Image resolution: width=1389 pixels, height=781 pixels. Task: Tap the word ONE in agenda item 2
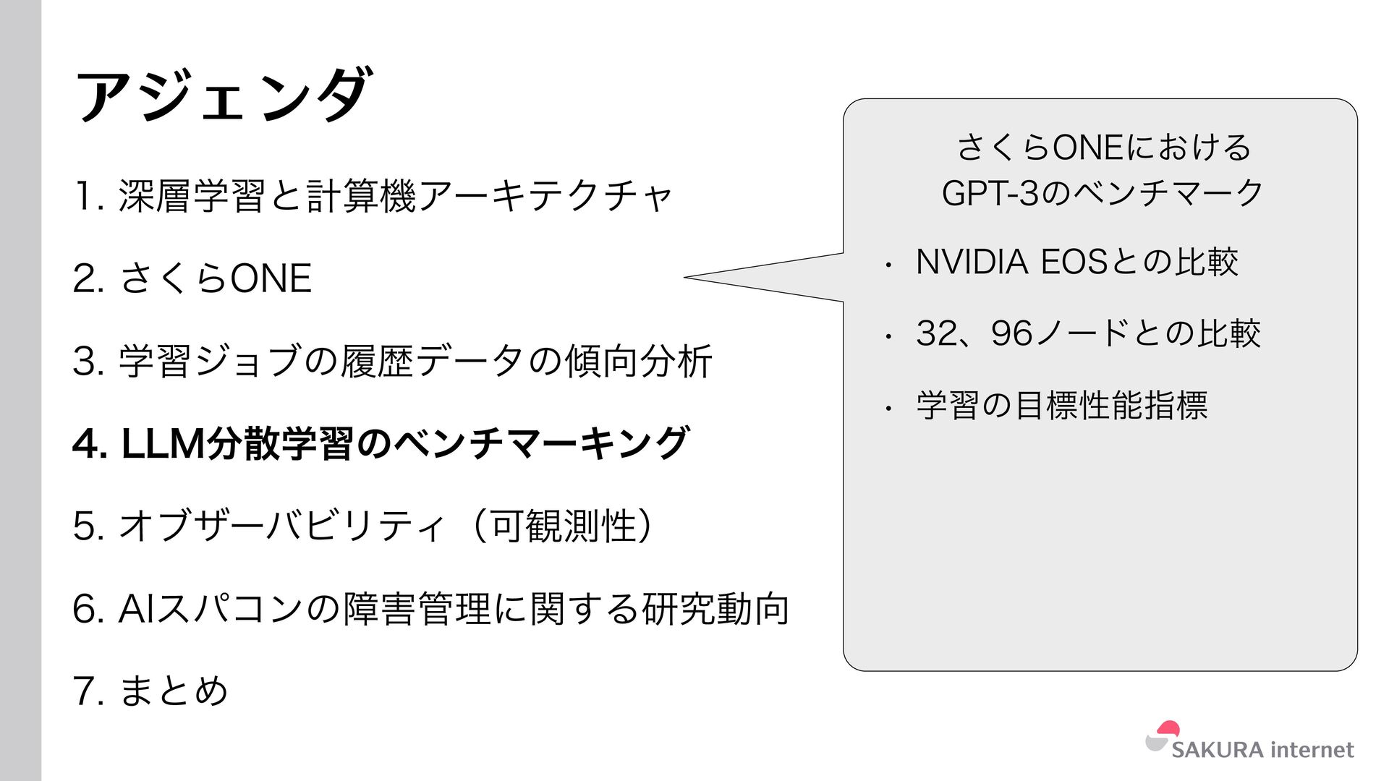pos(271,278)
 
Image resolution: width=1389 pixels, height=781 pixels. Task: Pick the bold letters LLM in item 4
pos(163,443)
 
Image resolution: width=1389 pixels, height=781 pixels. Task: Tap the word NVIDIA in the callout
pos(972,262)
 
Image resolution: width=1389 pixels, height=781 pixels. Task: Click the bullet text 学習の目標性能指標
pos(1061,405)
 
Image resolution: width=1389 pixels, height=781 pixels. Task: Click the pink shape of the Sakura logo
pos(1168,729)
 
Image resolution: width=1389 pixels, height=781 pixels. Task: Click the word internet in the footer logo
pos(1312,750)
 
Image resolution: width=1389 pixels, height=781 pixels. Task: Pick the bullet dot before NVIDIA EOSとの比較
pos(888,265)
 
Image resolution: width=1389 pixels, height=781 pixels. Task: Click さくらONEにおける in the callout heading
pos(1103,148)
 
